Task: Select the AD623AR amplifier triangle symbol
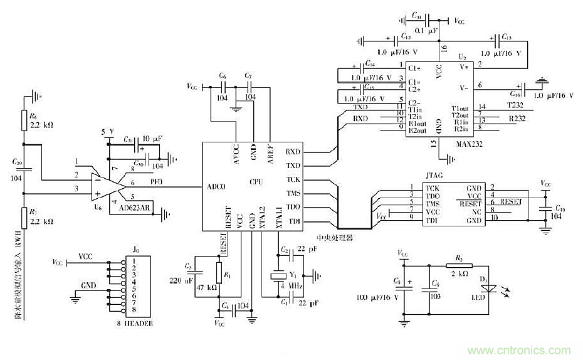point(107,183)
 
